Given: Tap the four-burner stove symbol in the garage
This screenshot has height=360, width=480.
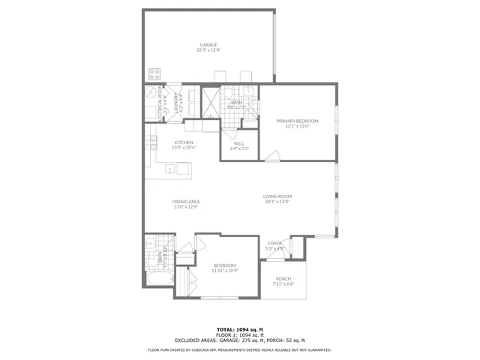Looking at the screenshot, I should [x=155, y=74].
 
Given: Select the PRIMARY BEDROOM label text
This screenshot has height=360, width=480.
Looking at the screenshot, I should [x=297, y=121].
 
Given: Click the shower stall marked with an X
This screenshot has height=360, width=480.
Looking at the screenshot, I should [x=211, y=98].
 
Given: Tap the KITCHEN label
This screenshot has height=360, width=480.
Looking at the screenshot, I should [x=184, y=142].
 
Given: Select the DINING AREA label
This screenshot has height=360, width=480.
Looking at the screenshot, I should [x=184, y=202].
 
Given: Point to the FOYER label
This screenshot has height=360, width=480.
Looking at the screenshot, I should [x=275, y=244].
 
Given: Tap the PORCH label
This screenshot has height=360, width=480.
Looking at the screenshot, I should [x=283, y=279].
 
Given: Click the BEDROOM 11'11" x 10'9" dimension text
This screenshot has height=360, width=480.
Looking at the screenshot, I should [x=225, y=271].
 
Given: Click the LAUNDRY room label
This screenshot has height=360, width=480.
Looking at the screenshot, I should [x=177, y=101].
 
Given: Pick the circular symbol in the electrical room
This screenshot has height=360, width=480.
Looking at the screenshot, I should [x=152, y=94].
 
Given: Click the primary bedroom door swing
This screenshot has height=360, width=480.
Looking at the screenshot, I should [x=273, y=155].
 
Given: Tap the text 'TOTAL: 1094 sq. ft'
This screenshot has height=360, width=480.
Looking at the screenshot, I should [x=239, y=329].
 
